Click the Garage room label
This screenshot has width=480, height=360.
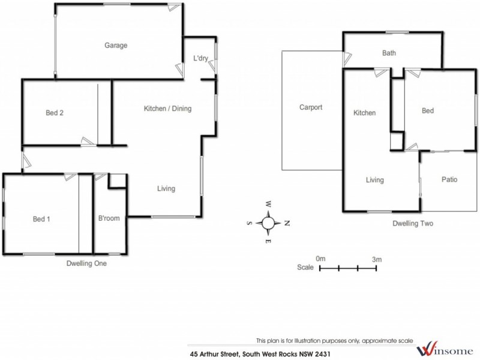point(116,45)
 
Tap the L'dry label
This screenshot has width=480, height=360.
point(200,58)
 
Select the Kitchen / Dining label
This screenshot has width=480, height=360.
point(167,109)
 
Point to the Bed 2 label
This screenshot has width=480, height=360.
point(55,113)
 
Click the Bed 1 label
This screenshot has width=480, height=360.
point(41,218)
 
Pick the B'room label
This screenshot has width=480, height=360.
point(109,218)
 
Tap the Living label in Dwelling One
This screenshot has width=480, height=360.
point(166,188)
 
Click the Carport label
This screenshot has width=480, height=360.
point(311,108)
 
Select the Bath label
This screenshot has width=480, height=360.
point(389,53)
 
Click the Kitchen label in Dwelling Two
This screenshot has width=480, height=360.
point(364,113)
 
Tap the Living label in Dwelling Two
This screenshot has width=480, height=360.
point(375,179)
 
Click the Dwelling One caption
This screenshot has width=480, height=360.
point(88,263)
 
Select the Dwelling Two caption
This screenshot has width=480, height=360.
point(413,223)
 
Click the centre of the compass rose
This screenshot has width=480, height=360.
point(268,223)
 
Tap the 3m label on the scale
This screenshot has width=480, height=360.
point(377,259)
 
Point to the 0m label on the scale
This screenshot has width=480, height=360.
point(320,259)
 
